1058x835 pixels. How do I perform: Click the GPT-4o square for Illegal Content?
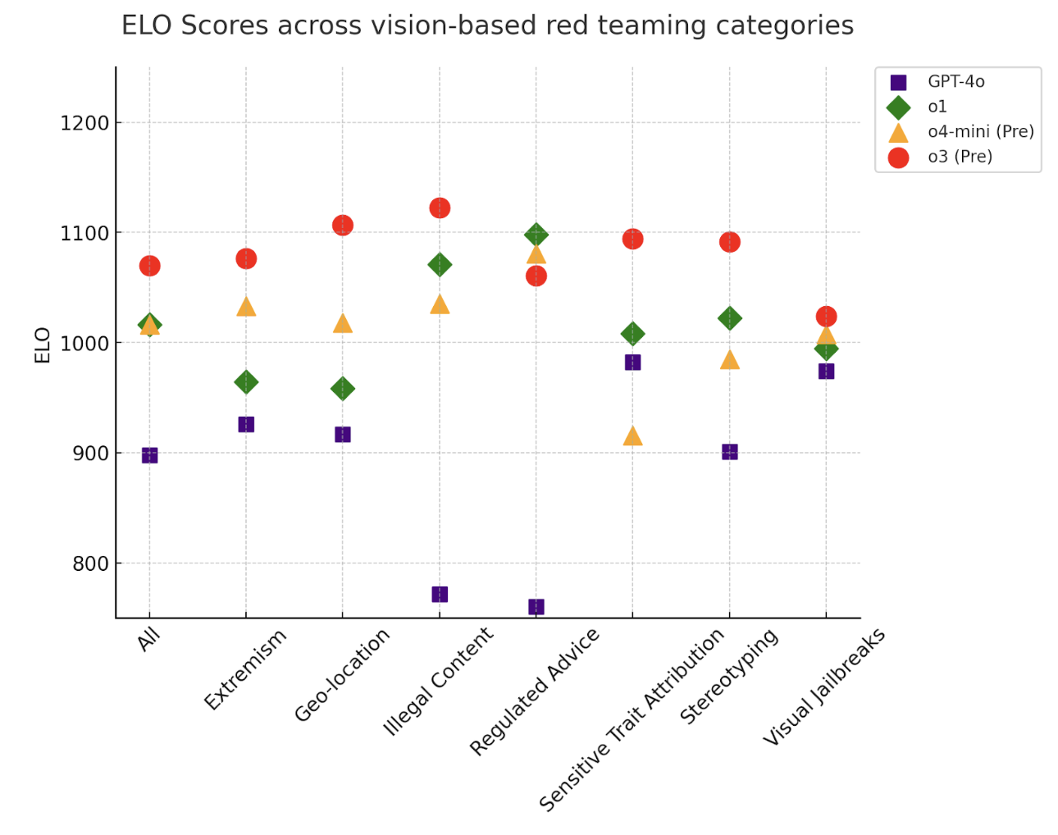coord(440,594)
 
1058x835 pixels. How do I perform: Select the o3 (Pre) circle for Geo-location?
coord(343,225)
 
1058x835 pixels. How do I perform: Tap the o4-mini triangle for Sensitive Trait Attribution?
coord(632,436)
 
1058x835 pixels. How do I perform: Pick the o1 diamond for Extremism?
coord(246,382)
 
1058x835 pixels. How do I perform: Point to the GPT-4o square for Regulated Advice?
coord(536,607)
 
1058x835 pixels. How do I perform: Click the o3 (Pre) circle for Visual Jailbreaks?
coord(826,317)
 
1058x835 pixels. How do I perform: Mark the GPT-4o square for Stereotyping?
coord(729,452)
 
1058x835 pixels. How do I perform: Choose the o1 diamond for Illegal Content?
coord(440,264)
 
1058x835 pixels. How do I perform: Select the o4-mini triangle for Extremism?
coord(246,307)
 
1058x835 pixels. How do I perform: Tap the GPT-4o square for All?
coord(149,455)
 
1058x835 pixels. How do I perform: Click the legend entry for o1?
coord(937,107)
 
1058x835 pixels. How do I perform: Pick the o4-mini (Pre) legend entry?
coord(980,131)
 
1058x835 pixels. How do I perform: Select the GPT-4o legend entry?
coord(955,81)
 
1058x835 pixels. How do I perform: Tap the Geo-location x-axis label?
coord(342,675)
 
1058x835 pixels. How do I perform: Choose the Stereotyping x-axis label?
coord(728,676)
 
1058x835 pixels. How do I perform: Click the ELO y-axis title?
coord(43,344)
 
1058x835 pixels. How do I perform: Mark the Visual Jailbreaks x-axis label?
coord(824,687)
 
